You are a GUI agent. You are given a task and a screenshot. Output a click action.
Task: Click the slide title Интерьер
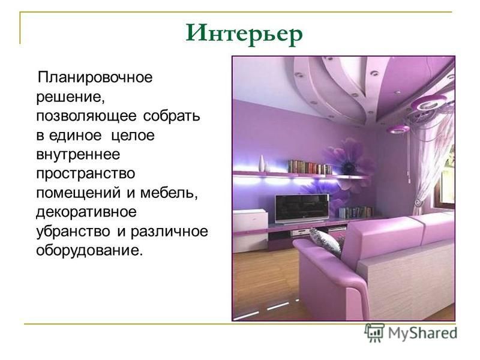(244, 34)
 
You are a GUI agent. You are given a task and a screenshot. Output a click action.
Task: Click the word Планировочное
(95, 77)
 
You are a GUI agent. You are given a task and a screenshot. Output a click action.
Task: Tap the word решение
(71, 97)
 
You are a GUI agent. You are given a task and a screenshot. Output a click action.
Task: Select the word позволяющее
(86, 116)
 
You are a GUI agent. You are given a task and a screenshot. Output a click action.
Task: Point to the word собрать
(172, 115)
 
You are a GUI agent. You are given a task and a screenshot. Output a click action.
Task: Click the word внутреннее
(78, 154)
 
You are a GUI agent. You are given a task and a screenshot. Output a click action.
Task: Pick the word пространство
(86, 173)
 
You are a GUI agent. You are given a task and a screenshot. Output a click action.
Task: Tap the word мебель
(169, 193)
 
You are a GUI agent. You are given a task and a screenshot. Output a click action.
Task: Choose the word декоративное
(86, 212)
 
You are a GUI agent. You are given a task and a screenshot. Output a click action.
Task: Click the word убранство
(73, 231)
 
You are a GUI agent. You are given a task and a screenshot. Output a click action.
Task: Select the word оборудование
(89, 250)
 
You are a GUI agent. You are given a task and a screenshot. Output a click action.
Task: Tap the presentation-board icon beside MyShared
(374, 332)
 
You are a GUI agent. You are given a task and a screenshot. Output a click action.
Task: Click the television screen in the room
(302, 208)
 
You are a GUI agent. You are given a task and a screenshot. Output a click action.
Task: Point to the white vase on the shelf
(262, 163)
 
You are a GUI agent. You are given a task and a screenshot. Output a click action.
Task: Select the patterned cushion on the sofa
(326, 242)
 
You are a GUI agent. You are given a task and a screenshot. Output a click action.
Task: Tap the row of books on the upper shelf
(310, 167)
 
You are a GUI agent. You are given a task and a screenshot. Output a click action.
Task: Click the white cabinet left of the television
(250, 230)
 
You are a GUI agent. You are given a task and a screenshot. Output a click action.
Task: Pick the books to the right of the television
(356, 212)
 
